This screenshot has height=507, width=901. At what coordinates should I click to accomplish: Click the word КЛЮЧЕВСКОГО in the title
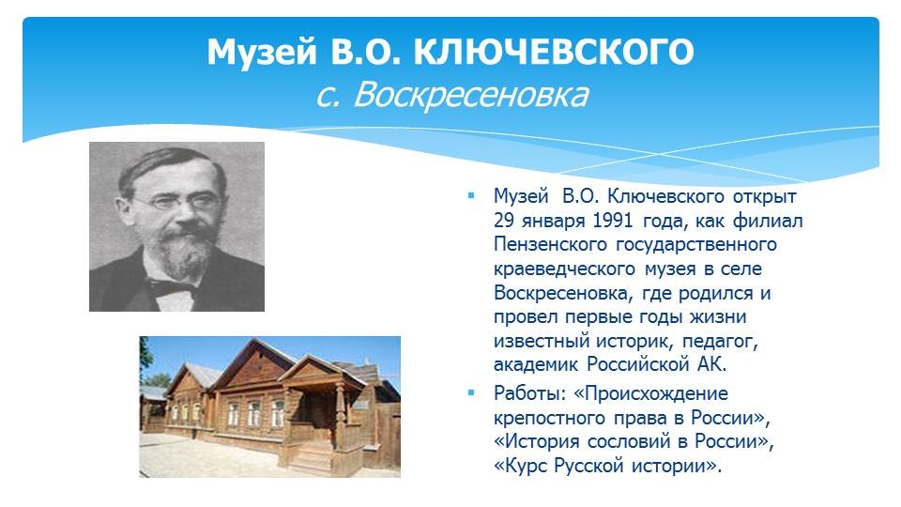coord(554,53)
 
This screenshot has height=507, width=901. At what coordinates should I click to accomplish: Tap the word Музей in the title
coord(262,53)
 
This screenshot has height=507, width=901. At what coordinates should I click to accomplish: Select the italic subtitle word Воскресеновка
coord(470,95)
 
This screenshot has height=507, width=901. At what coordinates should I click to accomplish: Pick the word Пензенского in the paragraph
coord(550,244)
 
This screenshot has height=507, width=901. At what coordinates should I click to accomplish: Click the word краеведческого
coord(564,269)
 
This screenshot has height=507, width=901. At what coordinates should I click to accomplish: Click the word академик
coord(536,364)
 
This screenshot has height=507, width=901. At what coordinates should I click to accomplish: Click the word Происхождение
coord(650,393)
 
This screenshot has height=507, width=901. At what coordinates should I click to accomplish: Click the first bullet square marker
coord(471,196)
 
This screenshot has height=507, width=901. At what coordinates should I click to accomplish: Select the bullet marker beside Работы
coord(471,393)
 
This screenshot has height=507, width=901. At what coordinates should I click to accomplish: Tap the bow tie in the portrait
coord(173,287)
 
